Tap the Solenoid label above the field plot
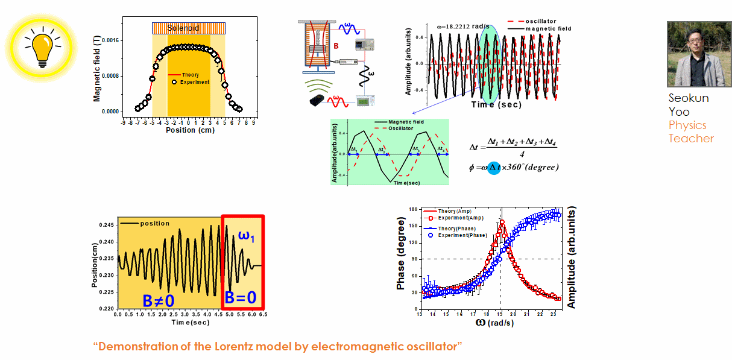click(188, 28)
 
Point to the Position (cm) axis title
click(189, 130)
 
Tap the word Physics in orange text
click(687, 125)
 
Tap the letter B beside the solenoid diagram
click(336, 44)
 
